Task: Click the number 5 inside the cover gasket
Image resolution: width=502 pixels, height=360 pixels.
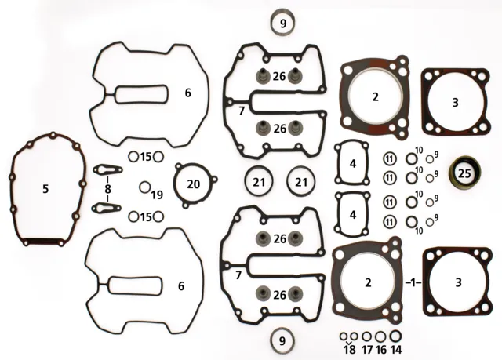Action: pos(45,189)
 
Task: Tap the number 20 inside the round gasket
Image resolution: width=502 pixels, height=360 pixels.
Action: pos(193,184)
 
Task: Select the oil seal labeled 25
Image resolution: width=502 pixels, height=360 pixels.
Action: pos(465,173)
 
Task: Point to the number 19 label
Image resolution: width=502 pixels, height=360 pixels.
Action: pos(157,195)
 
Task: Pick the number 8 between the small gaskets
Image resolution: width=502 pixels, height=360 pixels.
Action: pos(107,189)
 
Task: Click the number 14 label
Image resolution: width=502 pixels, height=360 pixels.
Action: pos(396,350)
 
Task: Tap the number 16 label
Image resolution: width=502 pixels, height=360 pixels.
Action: pos(381,350)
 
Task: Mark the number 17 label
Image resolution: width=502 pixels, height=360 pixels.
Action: pos(367,350)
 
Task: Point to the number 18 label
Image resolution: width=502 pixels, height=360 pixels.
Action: pos(351,350)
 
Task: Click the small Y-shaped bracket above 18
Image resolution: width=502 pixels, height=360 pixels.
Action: pos(349,343)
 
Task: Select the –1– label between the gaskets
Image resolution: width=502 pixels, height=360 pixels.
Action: pos(413,283)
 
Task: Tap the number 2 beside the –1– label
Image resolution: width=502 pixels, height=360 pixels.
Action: pos(368,282)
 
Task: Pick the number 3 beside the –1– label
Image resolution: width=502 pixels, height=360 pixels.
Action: pos(458,282)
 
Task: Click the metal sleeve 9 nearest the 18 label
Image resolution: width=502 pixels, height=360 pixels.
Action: pos(282,341)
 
